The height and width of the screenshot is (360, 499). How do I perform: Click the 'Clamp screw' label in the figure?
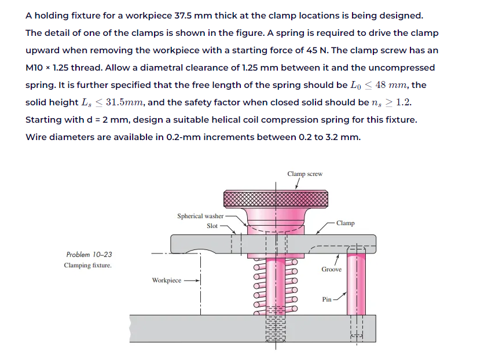pyautogui.click(x=304, y=174)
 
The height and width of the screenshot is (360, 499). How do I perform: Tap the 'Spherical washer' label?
pyautogui.click(x=200, y=216)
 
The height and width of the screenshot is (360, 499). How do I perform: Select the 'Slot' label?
pyautogui.click(x=212, y=226)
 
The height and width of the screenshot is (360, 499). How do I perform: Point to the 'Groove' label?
pyautogui.click(x=331, y=269)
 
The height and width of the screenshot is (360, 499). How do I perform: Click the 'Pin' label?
pyautogui.click(x=326, y=299)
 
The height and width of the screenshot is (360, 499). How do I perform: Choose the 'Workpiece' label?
pyautogui.click(x=166, y=280)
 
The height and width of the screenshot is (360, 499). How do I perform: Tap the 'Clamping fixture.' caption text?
pyautogui.click(x=87, y=265)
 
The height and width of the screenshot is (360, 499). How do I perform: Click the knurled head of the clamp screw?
pyautogui.click(x=276, y=199)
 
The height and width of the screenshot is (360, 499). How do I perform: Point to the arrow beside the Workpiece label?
pyautogui.click(x=192, y=280)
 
